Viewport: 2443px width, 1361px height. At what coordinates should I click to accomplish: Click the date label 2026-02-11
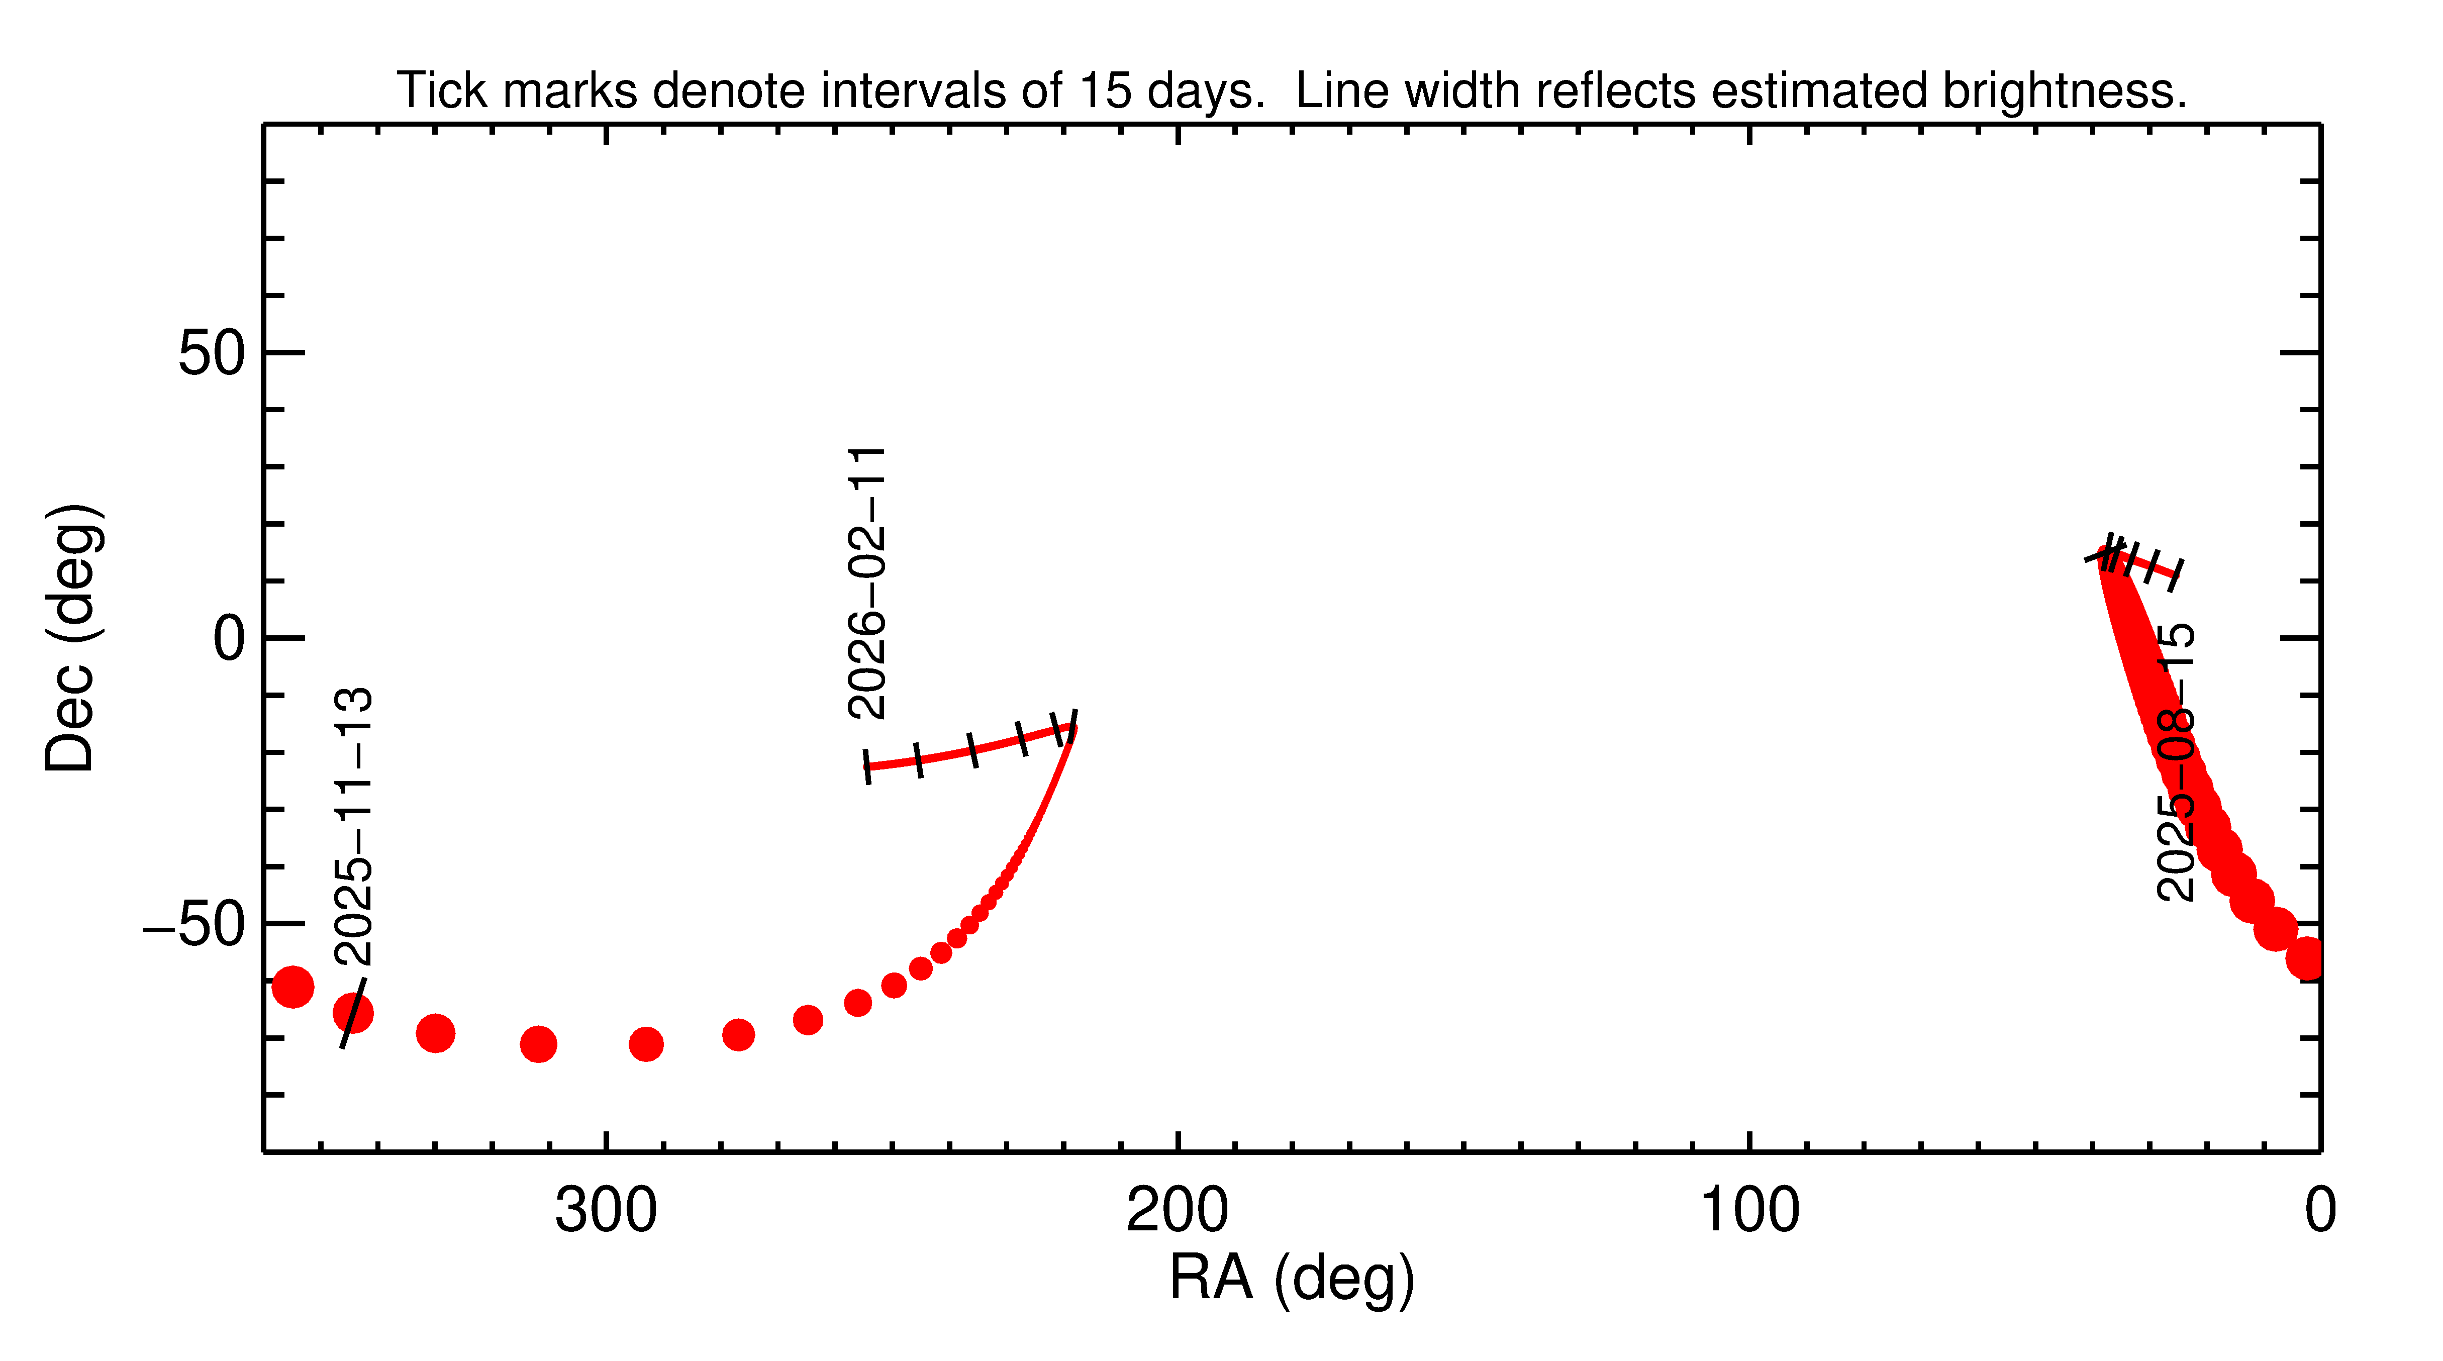867,582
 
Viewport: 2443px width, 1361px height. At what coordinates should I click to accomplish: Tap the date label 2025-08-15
2175,761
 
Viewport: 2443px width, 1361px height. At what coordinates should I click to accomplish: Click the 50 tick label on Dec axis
212,354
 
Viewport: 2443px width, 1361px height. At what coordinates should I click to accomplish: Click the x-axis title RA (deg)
1292,1279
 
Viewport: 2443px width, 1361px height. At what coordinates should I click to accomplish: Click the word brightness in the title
2064,91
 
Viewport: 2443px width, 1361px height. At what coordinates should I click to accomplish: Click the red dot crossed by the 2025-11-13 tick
353,1013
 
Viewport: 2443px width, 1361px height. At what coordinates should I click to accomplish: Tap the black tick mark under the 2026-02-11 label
867,766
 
